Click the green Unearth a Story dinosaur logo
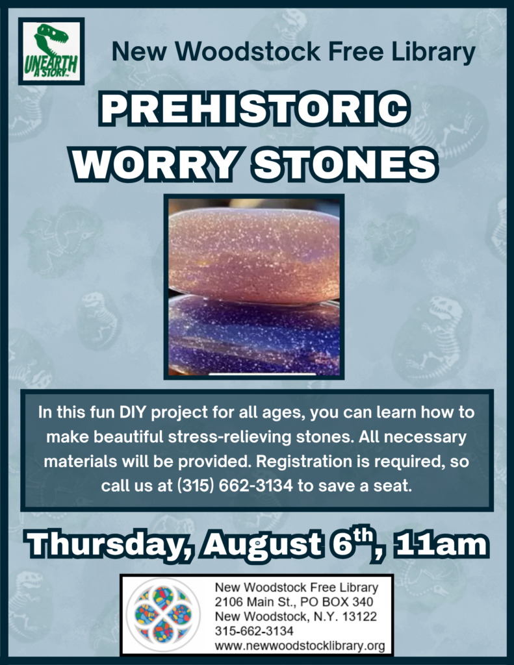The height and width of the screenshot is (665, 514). tap(51, 51)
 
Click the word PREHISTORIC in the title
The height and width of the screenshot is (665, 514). tap(255, 109)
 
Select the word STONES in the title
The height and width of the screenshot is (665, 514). tap(345, 164)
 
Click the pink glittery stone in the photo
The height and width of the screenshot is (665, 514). tap(254, 255)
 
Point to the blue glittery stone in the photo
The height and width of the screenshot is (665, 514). tap(254, 337)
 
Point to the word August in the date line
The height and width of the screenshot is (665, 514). tap(262, 546)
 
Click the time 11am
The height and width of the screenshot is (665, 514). tap(441, 545)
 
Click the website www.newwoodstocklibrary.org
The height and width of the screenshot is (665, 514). tap(300, 646)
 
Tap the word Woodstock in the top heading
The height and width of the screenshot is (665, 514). tap(248, 52)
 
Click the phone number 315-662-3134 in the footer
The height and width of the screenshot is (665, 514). tap(254, 631)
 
